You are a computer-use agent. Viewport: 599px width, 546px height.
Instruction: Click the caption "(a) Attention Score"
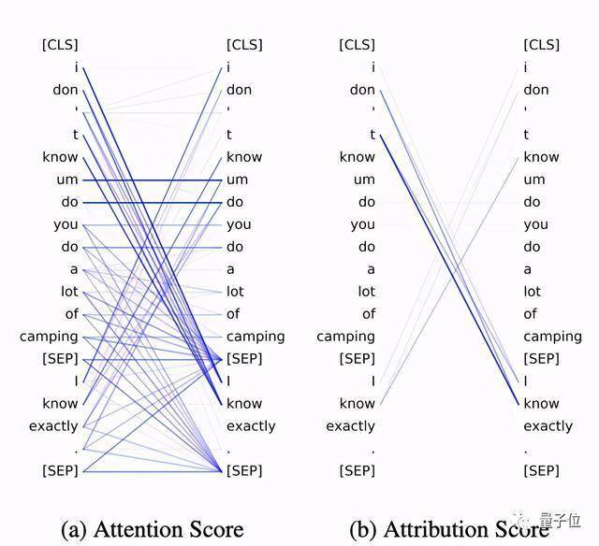coord(153,529)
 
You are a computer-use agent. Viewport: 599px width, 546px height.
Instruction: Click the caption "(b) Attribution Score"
coord(449,529)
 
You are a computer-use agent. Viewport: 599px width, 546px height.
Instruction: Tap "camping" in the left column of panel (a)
coord(49,337)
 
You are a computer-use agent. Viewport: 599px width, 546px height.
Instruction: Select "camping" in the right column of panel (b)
coord(553,337)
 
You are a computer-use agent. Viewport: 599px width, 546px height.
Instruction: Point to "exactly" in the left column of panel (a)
coord(53,426)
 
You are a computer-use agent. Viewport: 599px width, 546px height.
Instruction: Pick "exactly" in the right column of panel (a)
coord(251,426)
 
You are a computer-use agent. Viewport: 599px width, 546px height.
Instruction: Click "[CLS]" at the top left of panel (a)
coord(60,45)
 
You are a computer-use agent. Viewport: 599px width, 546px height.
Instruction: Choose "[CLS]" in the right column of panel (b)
coord(542,45)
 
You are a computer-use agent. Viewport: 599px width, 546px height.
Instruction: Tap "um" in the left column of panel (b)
coord(364,180)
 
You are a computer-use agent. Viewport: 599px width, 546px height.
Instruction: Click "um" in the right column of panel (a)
coord(237,180)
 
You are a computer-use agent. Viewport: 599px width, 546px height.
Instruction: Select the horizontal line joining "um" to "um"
coord(153,180)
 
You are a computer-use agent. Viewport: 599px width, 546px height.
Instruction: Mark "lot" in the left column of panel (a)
coord(69,292)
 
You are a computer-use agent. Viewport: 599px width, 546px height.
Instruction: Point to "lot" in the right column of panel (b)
coord(533,292)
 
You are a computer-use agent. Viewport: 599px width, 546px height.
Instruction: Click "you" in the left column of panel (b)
coord(363,225)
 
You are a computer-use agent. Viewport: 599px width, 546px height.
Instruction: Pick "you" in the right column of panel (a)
coord(239,225)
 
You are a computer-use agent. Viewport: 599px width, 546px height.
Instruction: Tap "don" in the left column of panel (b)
coord(362,90)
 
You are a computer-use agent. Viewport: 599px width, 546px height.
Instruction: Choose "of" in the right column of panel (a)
coord(233,314)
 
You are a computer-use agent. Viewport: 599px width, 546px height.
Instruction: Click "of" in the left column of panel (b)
coord(369,314)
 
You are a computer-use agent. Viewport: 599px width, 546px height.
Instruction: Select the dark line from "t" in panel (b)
coord(449,269)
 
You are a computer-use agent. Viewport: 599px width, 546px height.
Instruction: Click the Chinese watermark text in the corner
coord(560,521)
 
